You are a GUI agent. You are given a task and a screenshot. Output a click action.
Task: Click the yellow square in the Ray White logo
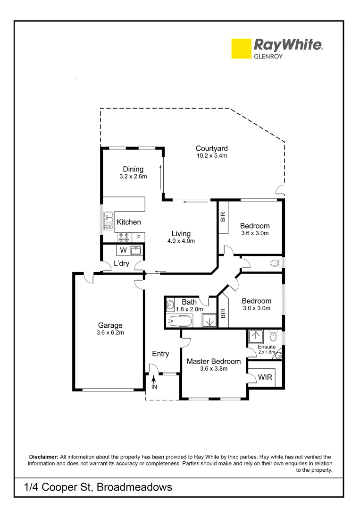pyautogui.click(x=241, y=49)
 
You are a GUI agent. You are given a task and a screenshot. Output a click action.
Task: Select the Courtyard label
pyautogui.click(x=212, y=149)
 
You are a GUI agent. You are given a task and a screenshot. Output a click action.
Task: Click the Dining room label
pyautogui.click(x=133, y=170)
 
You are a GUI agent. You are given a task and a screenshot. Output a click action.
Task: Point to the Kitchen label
pyautogui.click(x=129, y=222)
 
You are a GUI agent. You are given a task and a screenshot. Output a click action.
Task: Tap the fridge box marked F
pyautogui.click(x=139, y=237)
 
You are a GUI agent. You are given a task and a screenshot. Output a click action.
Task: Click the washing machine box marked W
pyautogui.click(x=123, y=249)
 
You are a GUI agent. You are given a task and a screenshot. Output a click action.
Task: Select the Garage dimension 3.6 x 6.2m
pyautogui.click(x=110, y=332)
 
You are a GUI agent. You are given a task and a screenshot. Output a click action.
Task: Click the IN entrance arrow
pyautogui.click(x=154, y=380)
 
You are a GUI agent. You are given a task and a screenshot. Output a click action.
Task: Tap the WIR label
pyautogui.click(x=265, y=377)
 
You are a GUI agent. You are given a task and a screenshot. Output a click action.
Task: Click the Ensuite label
pyautogui.click(x=267, y=347)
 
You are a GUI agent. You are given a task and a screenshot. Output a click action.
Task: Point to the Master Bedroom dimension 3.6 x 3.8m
pyautogui.click(x=214, y=369)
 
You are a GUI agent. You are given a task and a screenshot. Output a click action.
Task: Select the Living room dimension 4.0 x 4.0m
pyautogui.click(x=181, y=241)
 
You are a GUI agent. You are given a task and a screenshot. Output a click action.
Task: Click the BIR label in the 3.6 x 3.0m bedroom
pyautogui.click(x=223, y=217)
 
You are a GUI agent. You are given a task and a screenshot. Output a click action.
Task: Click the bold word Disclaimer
pyautogui.click(x=44, y=457)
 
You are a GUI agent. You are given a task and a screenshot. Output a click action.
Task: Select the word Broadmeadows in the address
pyautogui.click(x=134, y=487)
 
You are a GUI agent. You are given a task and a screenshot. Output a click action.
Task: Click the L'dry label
pyautogui.click(x=121, y=264)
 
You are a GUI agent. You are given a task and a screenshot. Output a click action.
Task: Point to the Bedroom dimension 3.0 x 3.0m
pyautogui.click(x=256, y=308)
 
